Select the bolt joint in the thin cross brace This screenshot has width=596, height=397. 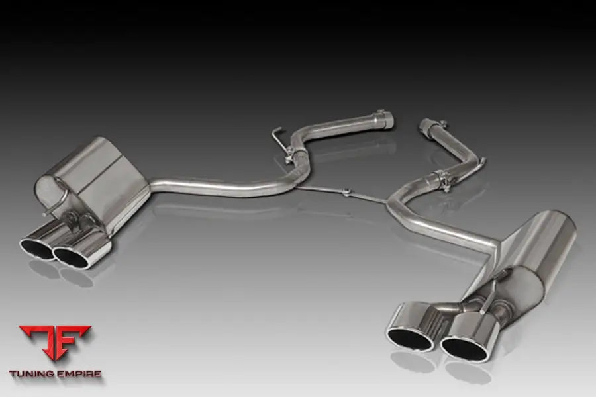pyautogui.click(x=346, y=192)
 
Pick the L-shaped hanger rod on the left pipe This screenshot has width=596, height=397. pyautogui.click(x=279, y=136)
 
